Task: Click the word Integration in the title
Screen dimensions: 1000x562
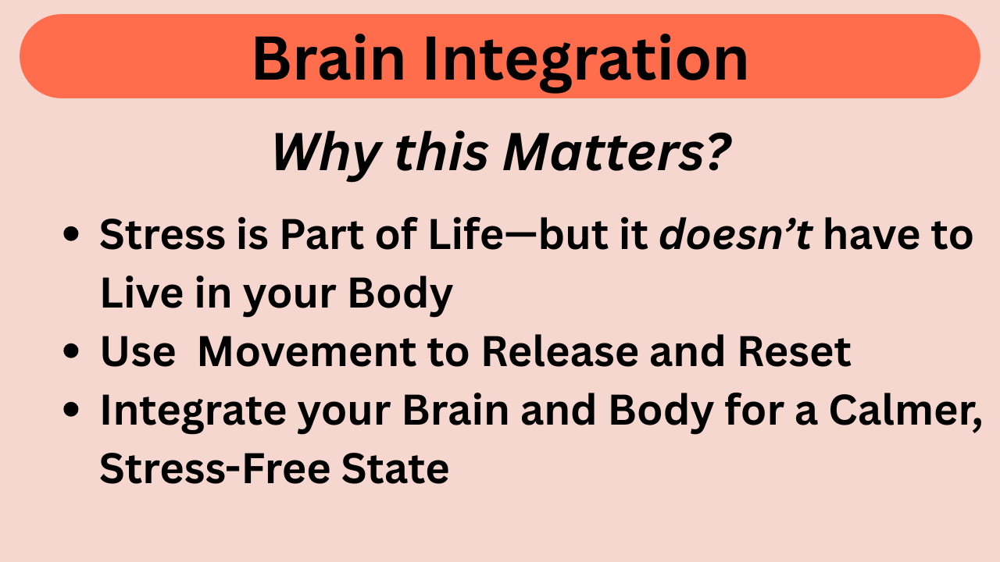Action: [585, 62]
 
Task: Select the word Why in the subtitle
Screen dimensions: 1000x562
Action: [327, 155]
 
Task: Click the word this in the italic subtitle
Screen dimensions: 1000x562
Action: [441, 151]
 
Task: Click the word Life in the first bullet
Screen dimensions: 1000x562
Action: [466, 234]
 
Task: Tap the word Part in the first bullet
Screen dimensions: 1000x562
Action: [321, 234]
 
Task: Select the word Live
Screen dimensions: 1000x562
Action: [142, 293]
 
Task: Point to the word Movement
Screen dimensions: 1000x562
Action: [307, 352]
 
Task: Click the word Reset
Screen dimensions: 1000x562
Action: [795, 352]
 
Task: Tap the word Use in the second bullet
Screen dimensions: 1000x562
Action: [138, 352]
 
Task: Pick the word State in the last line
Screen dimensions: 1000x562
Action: [395, 468]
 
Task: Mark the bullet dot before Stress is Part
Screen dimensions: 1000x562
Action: [71, 234]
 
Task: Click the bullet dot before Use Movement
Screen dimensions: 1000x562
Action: [71, 351]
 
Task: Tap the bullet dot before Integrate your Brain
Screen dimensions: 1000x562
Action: [71, 410]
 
